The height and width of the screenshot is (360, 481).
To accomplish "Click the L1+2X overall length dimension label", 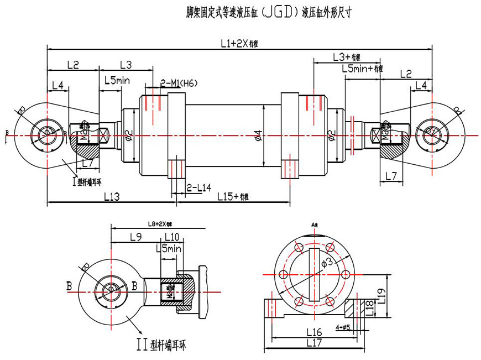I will click(238, 43).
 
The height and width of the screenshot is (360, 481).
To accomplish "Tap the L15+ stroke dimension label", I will click(232, 196).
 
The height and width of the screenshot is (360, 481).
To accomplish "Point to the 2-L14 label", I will click(199, 187).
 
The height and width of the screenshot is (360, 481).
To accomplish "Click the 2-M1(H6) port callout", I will click(179, 83).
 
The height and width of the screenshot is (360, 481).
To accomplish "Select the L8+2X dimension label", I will click(160, 223).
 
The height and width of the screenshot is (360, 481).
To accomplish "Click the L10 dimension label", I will click(172, 237).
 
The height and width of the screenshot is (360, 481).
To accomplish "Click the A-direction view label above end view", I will click(315, 225).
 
